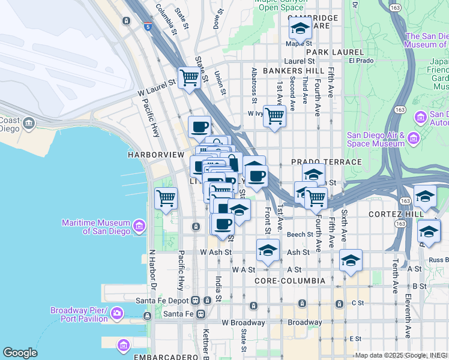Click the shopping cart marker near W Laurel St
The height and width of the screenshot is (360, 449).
pos(189,77)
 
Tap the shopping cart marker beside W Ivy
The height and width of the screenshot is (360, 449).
pos(274,115)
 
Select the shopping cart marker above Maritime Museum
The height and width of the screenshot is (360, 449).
pos(166,198)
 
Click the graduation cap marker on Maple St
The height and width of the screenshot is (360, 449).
pos(300,28)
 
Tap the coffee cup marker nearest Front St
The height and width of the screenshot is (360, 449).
pos(257,176)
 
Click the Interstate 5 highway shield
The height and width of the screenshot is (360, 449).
pos(148,26)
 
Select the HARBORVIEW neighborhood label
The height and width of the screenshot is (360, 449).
pos(155,155)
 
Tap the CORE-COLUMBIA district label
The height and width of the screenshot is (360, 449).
pos(290,281)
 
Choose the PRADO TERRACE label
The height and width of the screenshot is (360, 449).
pos(327,163)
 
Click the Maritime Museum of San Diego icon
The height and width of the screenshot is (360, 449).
pos(139,226)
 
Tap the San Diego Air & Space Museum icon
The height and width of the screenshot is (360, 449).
pos(413,139)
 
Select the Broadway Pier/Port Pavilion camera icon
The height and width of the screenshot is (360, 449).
pos(116,313)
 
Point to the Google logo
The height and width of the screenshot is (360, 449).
pos(20,353)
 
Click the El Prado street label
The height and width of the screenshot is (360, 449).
pos(361,61)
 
